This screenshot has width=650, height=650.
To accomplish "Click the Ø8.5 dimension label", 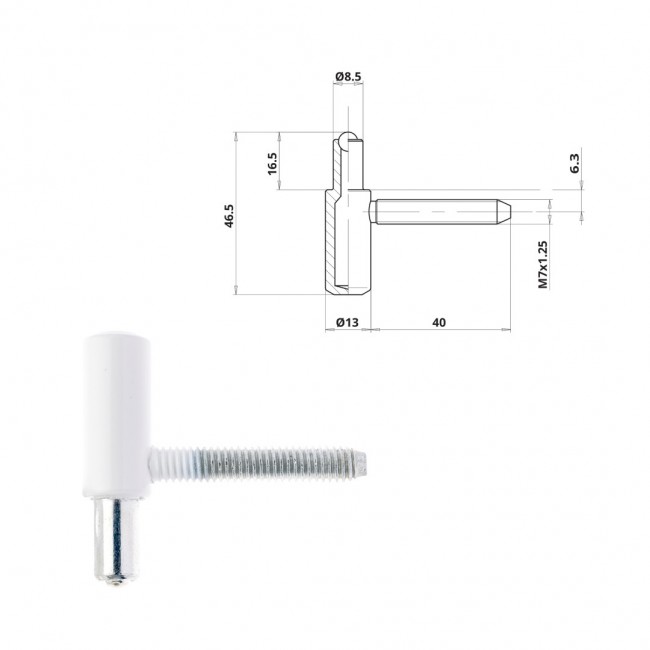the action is coord(348,76).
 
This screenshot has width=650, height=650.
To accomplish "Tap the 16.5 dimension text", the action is coord(272,163).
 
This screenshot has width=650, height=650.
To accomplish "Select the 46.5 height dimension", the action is coord(229,216).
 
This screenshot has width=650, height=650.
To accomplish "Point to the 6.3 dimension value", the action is coord(575,163).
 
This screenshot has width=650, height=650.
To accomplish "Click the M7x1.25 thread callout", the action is coord(543,264).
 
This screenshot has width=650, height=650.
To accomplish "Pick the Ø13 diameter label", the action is coord(347,322).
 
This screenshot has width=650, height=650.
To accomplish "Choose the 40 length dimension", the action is coord(439,322).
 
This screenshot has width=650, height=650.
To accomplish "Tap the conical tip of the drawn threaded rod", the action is coord(504,211).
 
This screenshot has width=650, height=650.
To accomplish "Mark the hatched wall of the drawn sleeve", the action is coord(330,240).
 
